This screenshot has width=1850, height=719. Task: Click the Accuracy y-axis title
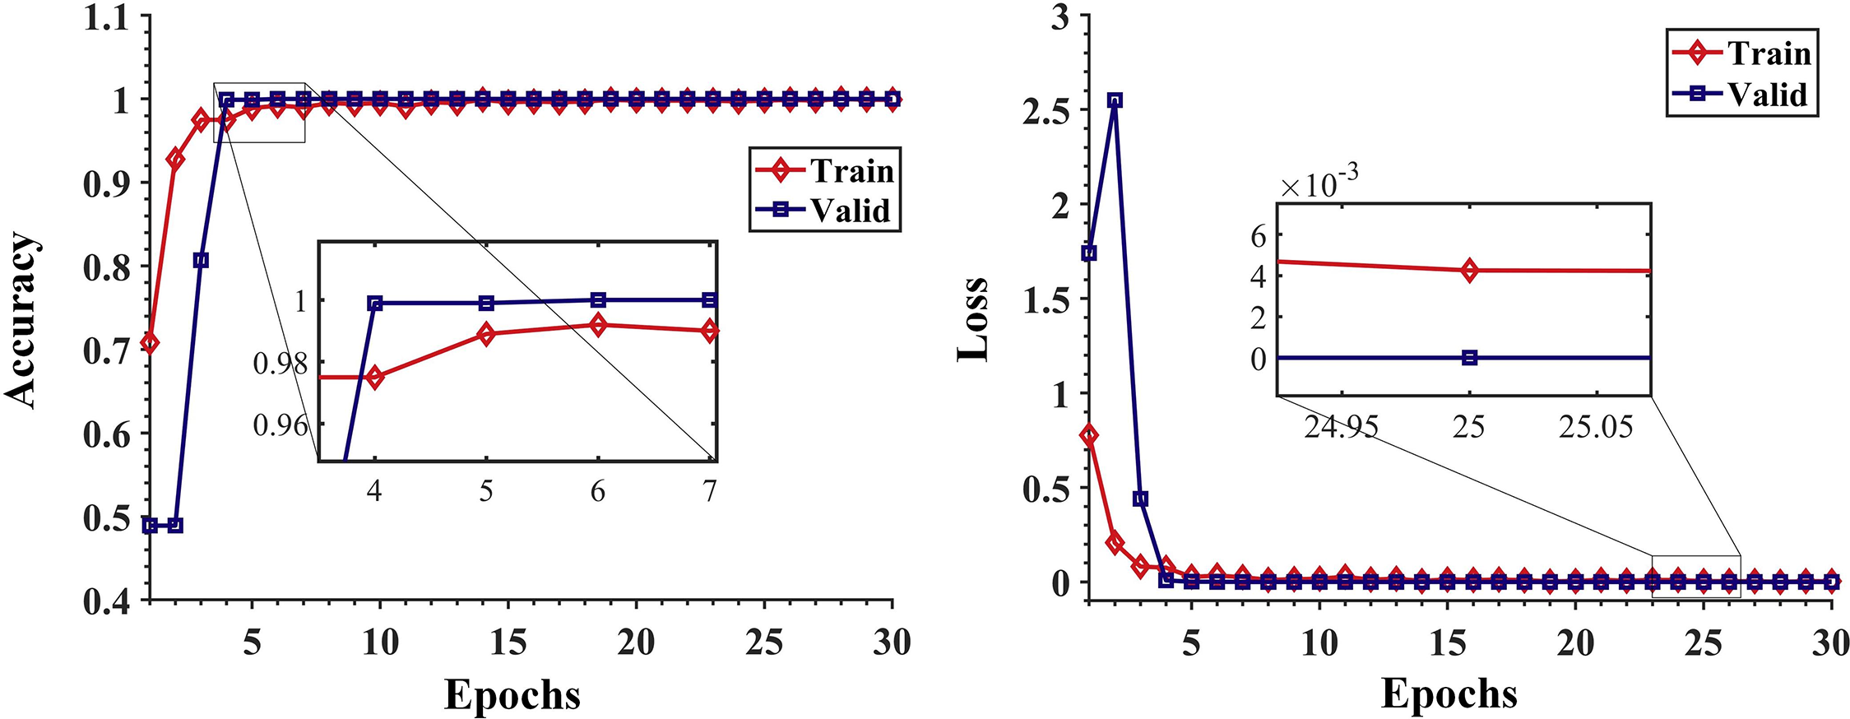click(x=22, y=320)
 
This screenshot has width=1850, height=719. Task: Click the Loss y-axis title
click(x=973, y=320)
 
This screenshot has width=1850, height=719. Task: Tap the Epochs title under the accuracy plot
click(x=512, y=695)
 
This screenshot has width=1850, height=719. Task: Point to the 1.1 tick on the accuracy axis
click(x=107, y=18)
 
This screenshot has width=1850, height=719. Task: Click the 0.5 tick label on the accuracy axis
click(x=107, y=519)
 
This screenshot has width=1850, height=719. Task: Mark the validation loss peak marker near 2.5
click(x=1115, y=100)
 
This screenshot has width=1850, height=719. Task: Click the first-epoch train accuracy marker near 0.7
click(x=150, y=343)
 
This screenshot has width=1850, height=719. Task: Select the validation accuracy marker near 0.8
click(x=201, y=261)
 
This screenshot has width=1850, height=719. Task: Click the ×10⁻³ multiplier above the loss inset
click(x=1319, y=183)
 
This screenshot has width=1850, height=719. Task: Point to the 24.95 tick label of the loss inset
click(x=1341, y=427)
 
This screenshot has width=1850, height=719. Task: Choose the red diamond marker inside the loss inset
click(x=1470, y=270)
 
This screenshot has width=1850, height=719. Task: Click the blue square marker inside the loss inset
click(x=1470, y=358)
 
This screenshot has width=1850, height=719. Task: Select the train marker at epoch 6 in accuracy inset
click(x=598, y=325)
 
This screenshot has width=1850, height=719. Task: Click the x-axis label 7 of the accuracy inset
click(x=709, y=492)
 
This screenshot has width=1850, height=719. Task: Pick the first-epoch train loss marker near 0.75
click(x=1089, y=436)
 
